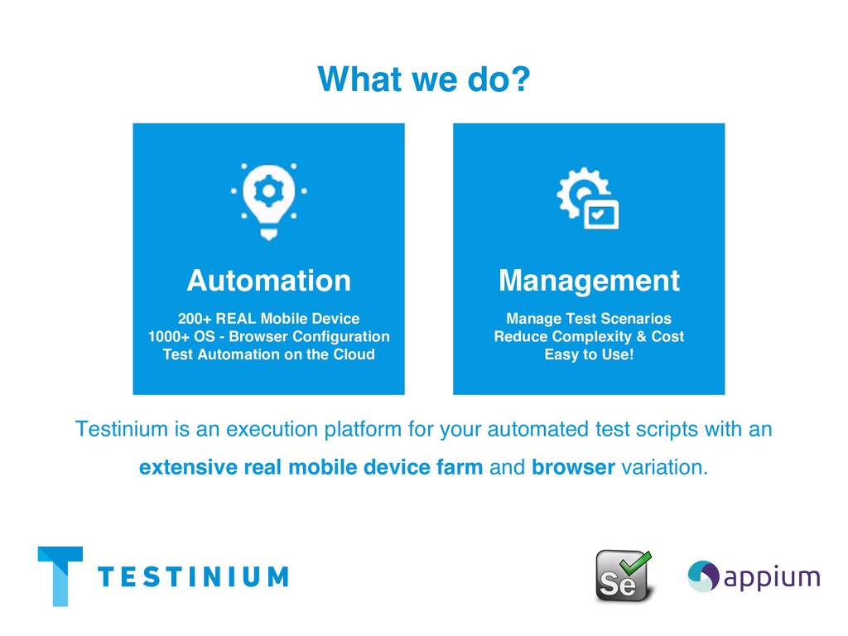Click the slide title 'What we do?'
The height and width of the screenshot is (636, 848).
[423, 79]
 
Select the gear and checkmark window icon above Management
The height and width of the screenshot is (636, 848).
[588, 198]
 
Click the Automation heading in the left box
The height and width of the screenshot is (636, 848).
[268, 281]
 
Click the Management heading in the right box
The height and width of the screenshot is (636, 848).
[589, 281]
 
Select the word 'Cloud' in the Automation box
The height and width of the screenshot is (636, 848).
[353, 354]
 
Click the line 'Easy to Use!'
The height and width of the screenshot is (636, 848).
[589, 354]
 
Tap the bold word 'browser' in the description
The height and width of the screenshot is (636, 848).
[573, 468]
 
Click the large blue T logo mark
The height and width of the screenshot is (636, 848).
[60, 575]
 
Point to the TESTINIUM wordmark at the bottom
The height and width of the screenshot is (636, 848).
[193, 576]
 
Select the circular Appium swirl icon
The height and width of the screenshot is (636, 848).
[703, 576]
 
